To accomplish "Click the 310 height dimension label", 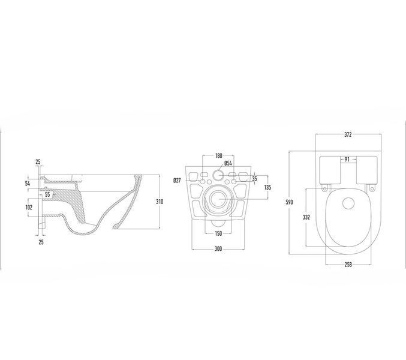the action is (x=160, y=202).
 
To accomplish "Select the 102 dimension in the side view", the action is (x=29, y=207).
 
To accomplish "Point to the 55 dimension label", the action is (x=47, y=194).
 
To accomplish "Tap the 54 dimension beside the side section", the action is (x=28, y=184).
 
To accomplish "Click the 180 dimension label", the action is (x=219, y=155).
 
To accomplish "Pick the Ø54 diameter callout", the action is (x=228, y=163).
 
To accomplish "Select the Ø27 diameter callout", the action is (x=177, y=180).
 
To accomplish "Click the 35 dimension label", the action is (x=254, y=179).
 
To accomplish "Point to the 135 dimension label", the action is (x=267, y=187).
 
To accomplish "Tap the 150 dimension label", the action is (x=218, y=233).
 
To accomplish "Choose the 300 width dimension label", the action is (x=218, y=248).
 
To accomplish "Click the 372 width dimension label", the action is (x=348, y=134).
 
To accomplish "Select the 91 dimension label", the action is (x=347, y=160).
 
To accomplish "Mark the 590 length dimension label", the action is (x=289, y=202).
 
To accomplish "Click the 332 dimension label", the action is (x=306, y=217).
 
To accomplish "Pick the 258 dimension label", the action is (x=348, y=265).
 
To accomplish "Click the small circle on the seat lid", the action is (x=348, y=203).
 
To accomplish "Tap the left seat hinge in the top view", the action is (x=324, y=188).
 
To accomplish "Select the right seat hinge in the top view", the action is (x=372, y=188).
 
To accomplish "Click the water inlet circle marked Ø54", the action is (x=218, y=176).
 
